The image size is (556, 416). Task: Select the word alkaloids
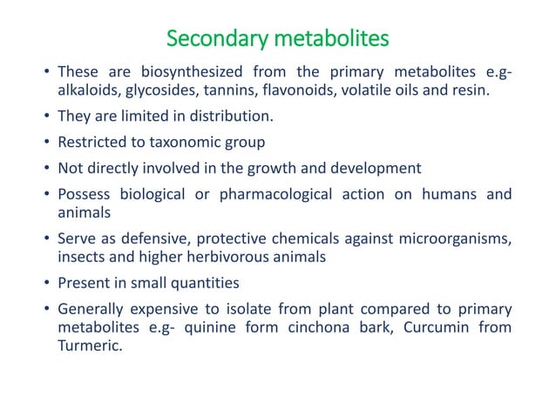[x=87, y=89]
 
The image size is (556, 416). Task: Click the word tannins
[x=223, y=89]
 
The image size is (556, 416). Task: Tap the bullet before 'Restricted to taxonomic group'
[x=45, y=142]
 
